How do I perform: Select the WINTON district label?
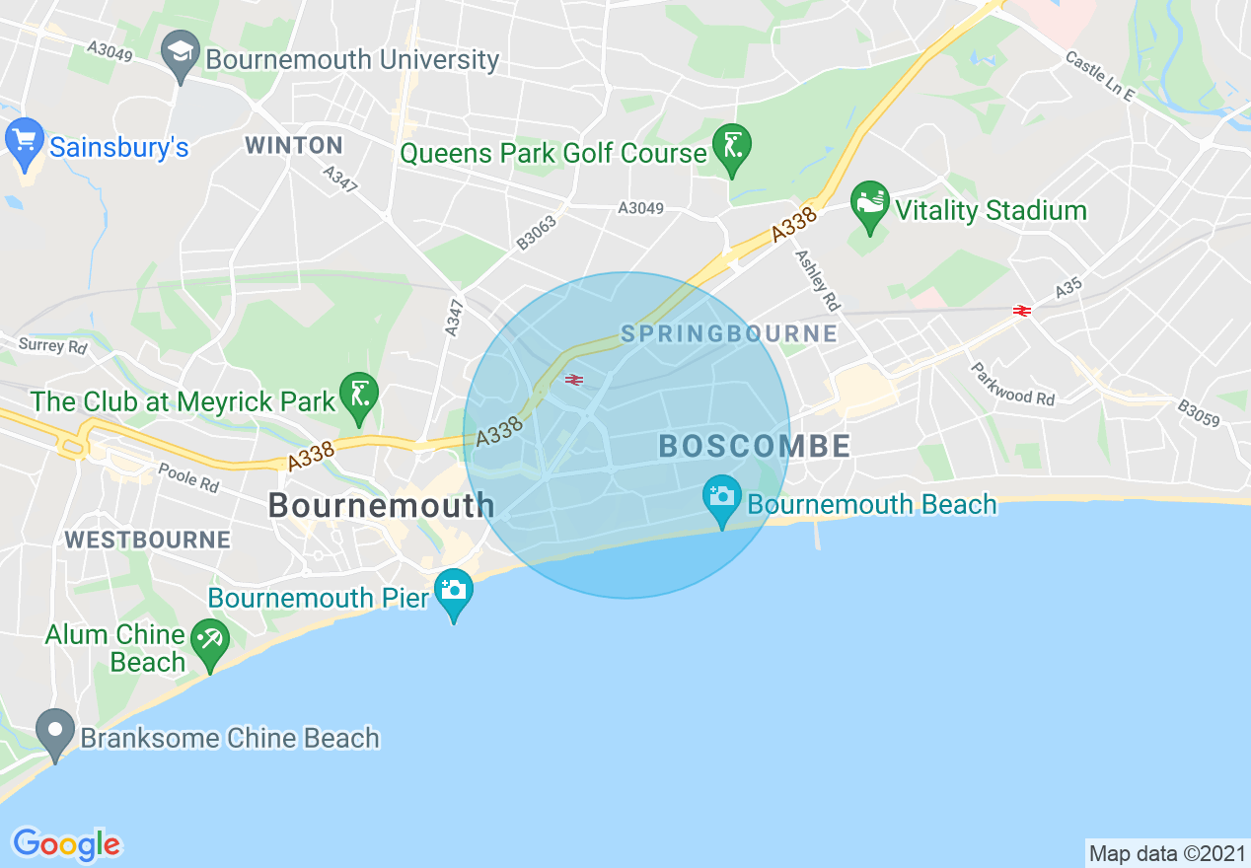(x=294, y=146)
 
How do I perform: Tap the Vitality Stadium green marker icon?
(x=869, y=203)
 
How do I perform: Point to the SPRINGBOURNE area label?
(x=729, y=334)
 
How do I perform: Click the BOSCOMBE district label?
(x=755, y=446)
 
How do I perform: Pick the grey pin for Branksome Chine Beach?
(x=55, y=732)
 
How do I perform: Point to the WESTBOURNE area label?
(x=147, y=541)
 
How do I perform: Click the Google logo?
(x=66, y=844)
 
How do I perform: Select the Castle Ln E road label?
(x=1100, y=75)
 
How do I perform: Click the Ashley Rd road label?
(x=817, y=278)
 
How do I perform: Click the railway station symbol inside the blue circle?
(x=574, y=380)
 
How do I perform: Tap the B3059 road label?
(x=1199, y=413)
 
